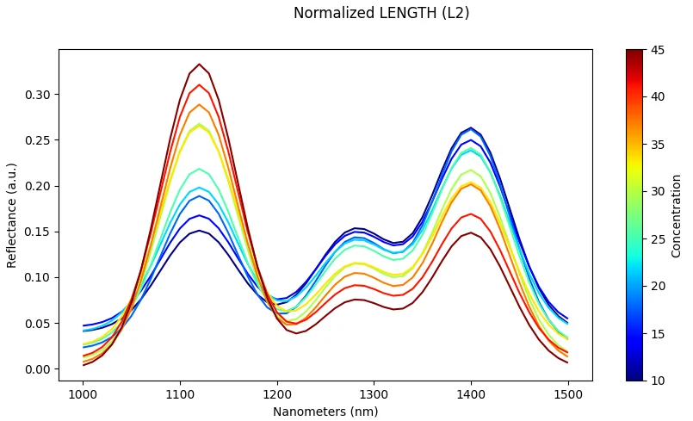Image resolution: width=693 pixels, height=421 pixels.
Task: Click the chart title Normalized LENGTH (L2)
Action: (x=381, y=13)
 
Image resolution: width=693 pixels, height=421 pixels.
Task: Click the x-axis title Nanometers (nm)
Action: (x=325, y=412)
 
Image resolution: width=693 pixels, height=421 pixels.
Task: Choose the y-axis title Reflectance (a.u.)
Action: (x=12, y=214)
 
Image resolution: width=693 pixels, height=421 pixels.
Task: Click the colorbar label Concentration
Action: (x=678, y=214)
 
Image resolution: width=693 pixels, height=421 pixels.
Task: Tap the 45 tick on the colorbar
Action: (x=657, y=50)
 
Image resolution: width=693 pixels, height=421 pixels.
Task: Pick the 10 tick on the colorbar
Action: (x=657, y=380)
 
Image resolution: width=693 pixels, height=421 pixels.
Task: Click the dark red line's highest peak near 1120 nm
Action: (x=200, y=64)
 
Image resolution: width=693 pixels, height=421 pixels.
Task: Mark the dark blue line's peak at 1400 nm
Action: (x=471, y=127)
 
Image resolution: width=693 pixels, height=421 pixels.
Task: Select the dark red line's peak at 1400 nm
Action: (x=471, y=232)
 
